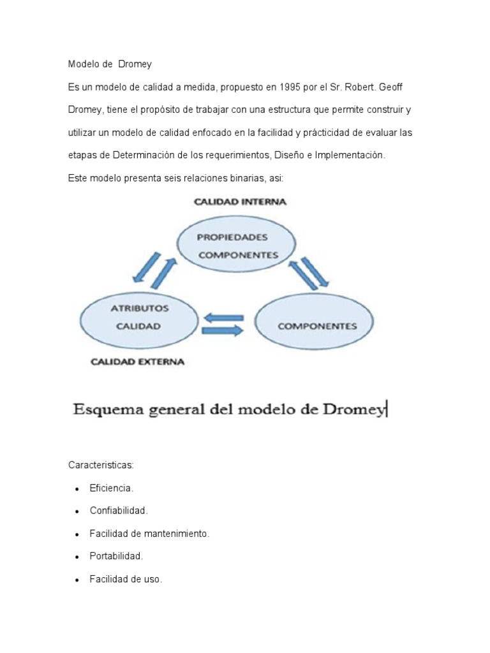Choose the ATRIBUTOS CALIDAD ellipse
pyautogui.click(x=139, y=317)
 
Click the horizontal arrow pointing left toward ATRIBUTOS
pyautogui.click(x=223, y=317)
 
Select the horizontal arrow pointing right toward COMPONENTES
pyautogui.click(x=223, y=331)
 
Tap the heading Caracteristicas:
pyautogui.click(x=101, y=466)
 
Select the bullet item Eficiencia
pyautogui.click(x=111, y=488)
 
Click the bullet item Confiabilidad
pyautogui.click(x=119, y=511)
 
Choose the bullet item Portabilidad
pyautogui.click(x=116, y=556)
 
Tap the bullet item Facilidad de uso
pyautogui.click(x=126, y=580)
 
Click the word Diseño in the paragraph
pyautogui.click(x=288, y=156)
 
